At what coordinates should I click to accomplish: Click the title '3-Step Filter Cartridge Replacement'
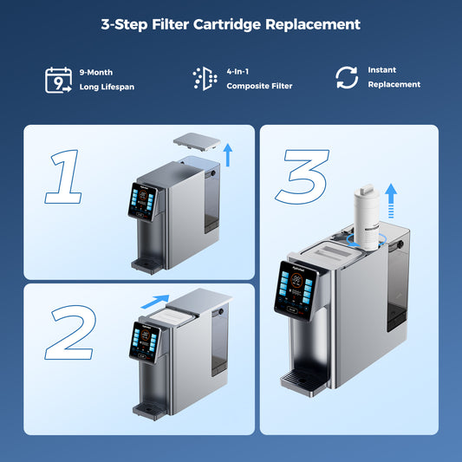(x=231, y=24)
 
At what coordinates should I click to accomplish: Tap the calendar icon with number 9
(x=56, y=79)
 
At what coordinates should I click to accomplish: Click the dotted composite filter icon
(x=205, y=78)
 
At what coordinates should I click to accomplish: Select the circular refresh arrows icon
(x=347, y=78)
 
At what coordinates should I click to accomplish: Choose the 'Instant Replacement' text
(x=394, y=77)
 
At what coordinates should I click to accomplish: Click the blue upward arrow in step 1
(x=227, y=155)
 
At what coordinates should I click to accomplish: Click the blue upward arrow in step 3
(x=391, y=200)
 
